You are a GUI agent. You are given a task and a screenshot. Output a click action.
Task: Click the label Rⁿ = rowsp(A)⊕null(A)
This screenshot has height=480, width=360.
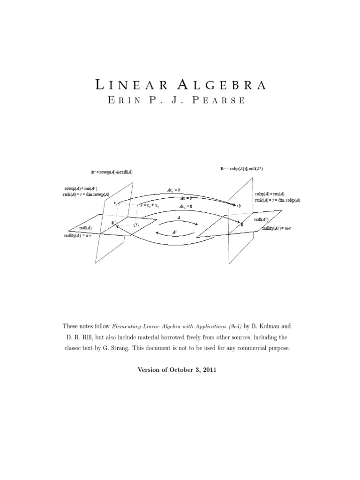[112, 172]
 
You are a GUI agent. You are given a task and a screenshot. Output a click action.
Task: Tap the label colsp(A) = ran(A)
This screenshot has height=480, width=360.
[270, 194]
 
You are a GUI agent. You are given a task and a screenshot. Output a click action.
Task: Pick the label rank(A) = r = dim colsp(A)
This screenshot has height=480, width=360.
[277, 200]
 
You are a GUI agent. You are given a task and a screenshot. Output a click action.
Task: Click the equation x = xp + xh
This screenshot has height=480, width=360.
[152, 205]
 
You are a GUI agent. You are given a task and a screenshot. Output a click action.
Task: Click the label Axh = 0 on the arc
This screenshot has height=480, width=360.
[185, 206]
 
